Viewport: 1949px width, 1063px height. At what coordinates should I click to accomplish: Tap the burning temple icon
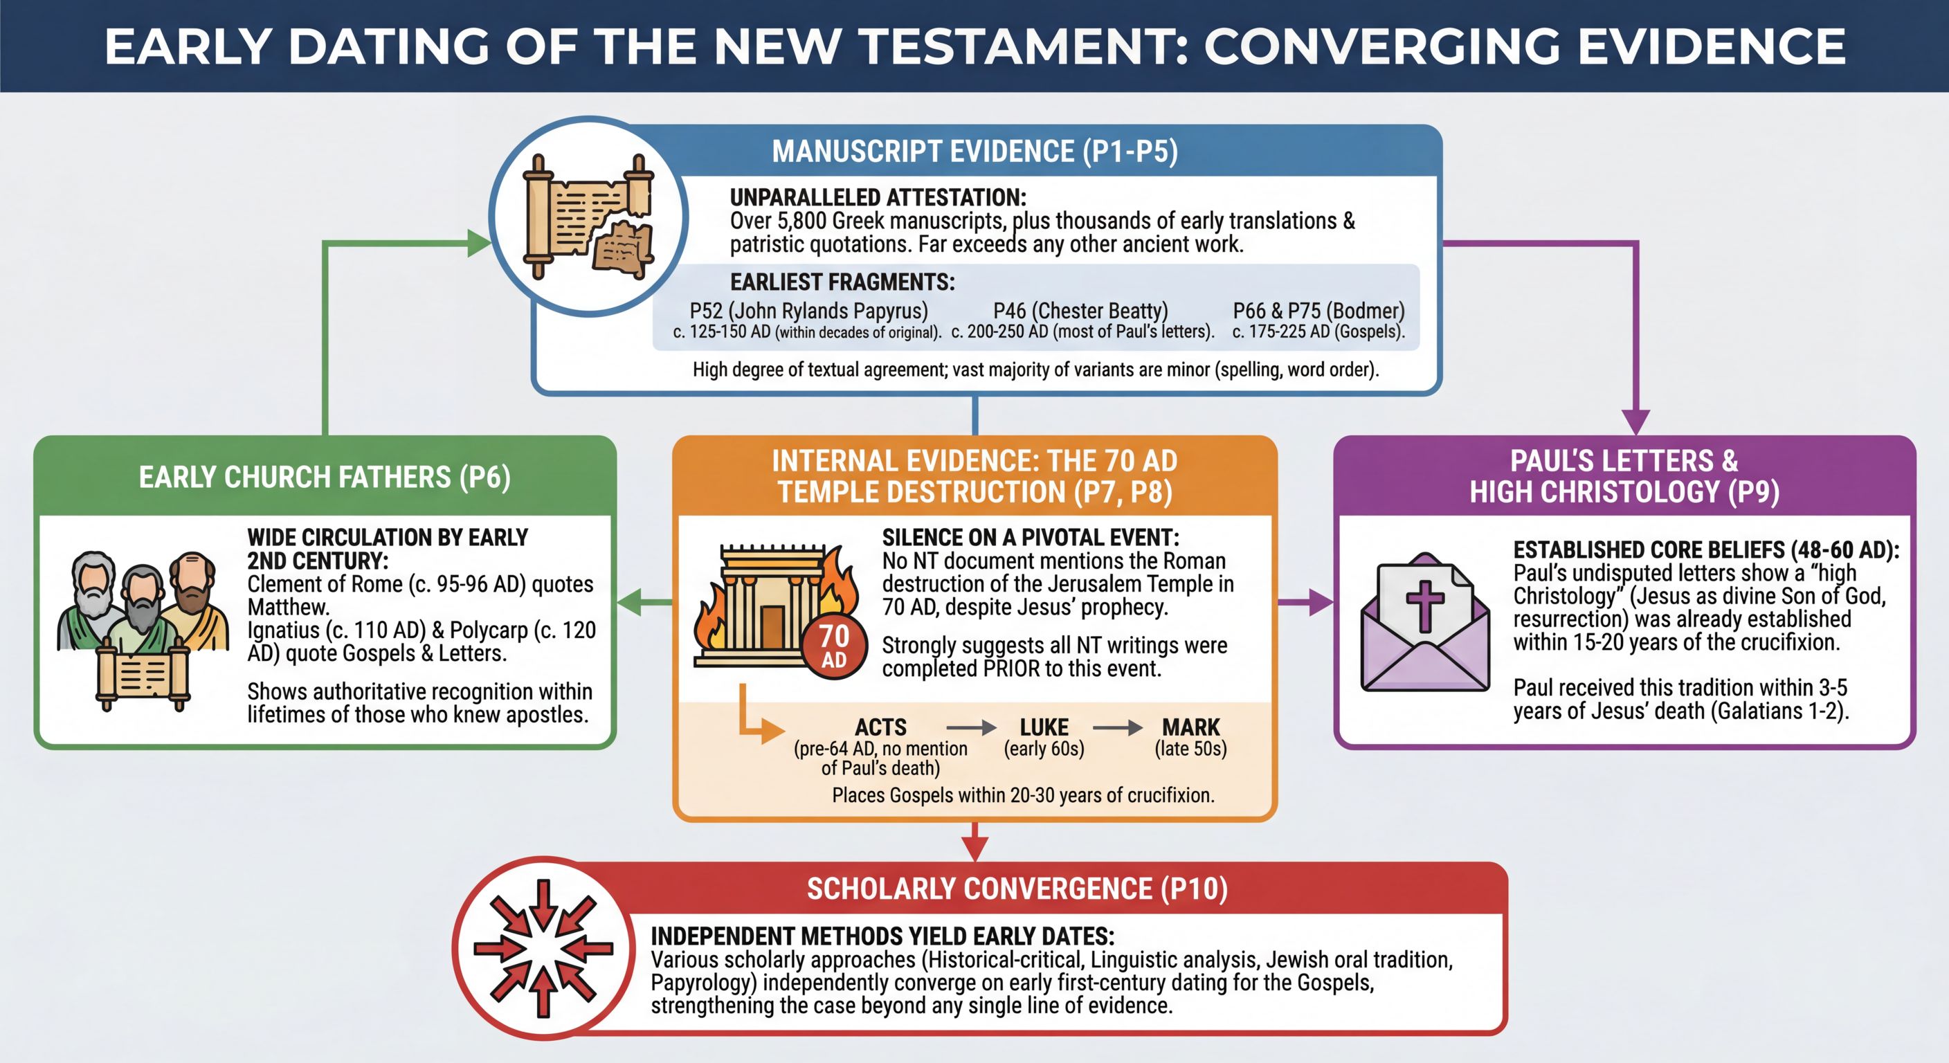(768, 606)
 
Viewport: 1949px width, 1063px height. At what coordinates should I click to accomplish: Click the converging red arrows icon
(543, 948)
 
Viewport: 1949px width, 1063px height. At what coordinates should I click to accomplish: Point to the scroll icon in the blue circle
(588, 217)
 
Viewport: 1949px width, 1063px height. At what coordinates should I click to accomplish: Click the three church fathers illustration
(143, 628)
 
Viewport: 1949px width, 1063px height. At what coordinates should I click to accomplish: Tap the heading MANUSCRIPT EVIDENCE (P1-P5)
(974, 152)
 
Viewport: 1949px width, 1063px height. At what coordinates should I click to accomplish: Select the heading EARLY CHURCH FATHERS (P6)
(325, 478)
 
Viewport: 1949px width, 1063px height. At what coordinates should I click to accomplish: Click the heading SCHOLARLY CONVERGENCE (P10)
(1017, 889)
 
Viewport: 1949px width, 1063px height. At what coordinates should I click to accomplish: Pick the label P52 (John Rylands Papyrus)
(808, 311)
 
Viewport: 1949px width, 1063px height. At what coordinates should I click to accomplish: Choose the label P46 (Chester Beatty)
(1080, 311)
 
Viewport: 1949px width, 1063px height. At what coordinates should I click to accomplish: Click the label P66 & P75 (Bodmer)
(1318, 311)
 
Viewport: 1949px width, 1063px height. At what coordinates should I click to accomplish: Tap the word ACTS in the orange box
(880, 727)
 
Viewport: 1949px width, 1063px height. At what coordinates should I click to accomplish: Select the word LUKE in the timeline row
(1044, 727)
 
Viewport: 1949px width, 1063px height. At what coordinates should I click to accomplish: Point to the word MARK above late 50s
(1191, 727)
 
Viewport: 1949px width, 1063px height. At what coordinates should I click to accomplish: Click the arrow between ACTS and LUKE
(972, 728)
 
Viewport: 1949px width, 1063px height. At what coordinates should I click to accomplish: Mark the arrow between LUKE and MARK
(1118, 728)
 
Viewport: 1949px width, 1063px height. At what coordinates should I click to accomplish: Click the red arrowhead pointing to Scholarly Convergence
(974, 849)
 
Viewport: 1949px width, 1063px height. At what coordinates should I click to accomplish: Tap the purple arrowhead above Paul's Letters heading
(1635, 421)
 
